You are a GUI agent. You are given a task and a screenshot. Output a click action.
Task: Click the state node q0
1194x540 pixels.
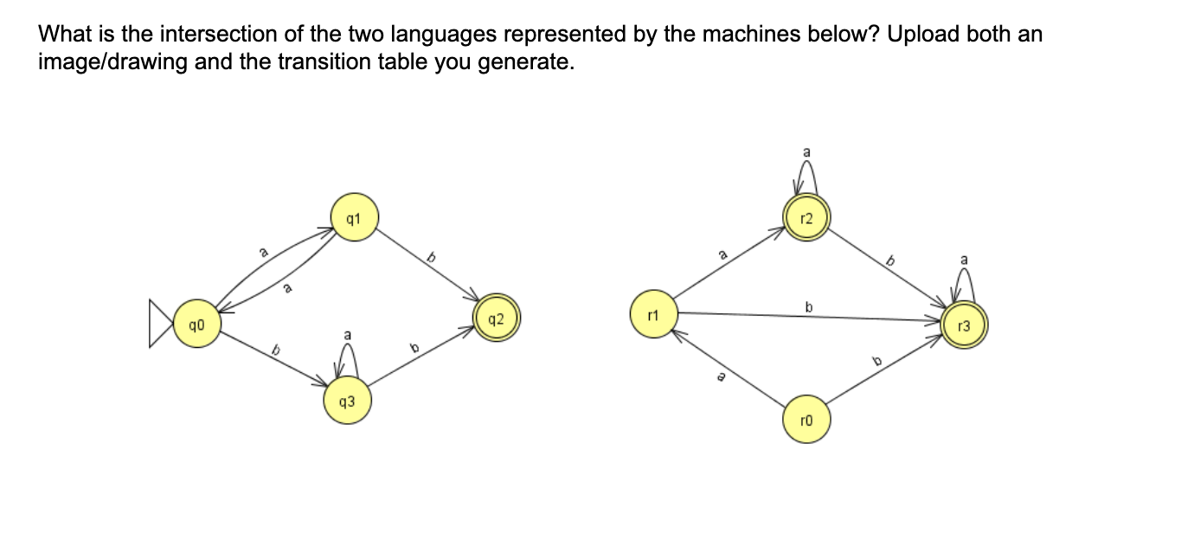196,324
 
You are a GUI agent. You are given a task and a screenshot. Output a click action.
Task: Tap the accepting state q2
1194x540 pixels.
497,318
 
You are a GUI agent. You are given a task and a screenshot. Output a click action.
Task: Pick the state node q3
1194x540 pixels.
347,402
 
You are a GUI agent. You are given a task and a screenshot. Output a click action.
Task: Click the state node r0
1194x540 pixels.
806,420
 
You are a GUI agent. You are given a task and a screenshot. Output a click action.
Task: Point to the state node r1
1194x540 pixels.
655,312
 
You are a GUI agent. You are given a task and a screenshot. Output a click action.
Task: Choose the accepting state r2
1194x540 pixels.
806,217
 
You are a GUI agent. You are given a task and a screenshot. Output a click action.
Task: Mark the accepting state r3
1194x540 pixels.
966,325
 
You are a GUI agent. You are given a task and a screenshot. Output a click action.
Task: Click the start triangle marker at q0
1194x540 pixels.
161,324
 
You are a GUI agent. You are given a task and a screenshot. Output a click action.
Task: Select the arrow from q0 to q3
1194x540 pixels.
273,361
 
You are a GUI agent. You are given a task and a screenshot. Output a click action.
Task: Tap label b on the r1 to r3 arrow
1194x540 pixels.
809,306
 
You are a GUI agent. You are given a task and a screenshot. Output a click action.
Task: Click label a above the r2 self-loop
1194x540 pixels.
806,152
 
